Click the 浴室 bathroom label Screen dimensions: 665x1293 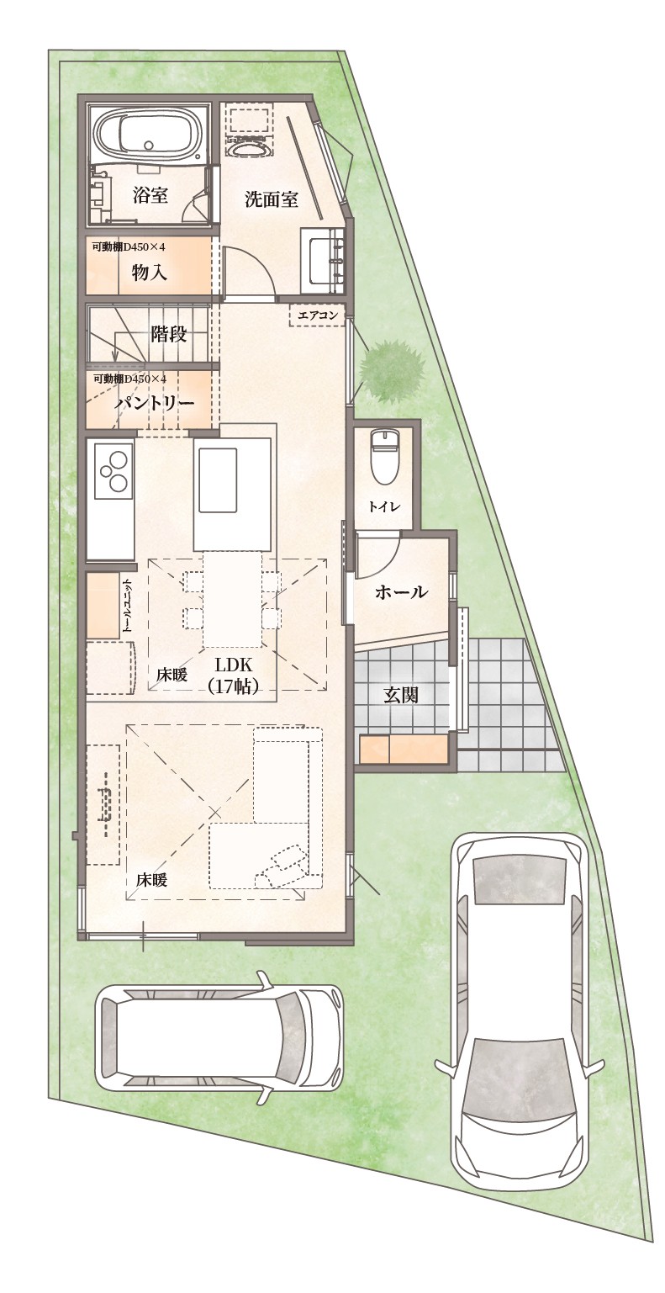pyautogui.click(x=150, y=195)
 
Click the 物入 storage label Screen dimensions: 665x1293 pyautogui.click(x=149, y=273)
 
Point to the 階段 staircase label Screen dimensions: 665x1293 pyautogui.click(x=168, y=333)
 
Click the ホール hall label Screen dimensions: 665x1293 pyautogui.click(x=401, y=591)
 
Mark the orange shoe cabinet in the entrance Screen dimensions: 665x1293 pyautogui.click(x=404, y=751)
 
